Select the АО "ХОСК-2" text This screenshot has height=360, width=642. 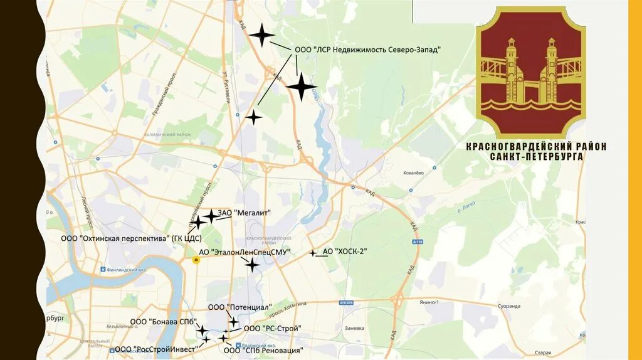pos(344,251)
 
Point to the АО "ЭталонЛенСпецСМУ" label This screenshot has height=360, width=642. pos(245,252)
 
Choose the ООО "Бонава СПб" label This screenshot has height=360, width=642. pos(162,322)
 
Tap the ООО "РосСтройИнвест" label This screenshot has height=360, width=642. pos(156,349)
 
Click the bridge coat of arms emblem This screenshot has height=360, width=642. pos(532,72)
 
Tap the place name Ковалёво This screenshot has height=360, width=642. pos(414,172)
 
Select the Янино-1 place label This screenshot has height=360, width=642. pos(429,302)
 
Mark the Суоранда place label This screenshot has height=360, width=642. pos(508,306)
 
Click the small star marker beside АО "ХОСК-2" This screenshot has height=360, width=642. pos(313,253)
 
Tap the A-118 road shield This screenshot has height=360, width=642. pos(417,241)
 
